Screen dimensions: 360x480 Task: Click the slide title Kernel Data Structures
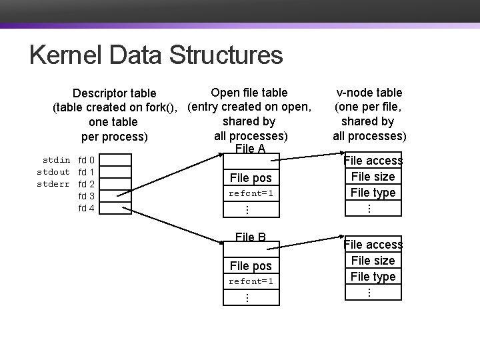(156, 55)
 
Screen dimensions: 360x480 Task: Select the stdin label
(57, 160)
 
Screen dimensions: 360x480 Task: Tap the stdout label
(53, 172)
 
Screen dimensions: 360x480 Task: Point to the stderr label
(53, 184)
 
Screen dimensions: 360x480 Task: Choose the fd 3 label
(87, 196)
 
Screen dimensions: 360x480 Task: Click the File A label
(251, 149)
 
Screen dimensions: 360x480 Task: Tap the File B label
(251, 237)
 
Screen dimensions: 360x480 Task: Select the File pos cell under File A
(251, 178)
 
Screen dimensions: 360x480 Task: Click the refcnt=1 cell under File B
(251, 281)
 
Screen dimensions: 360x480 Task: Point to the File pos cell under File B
(251, 266)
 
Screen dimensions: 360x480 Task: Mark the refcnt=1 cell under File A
(251, 193)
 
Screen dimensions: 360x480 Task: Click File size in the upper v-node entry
(373, 177)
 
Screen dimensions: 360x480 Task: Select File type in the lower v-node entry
(373, 276)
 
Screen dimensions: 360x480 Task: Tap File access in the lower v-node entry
(373, 245)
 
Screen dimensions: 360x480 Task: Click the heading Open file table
(249, 93)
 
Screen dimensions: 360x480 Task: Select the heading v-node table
(369, 93)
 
